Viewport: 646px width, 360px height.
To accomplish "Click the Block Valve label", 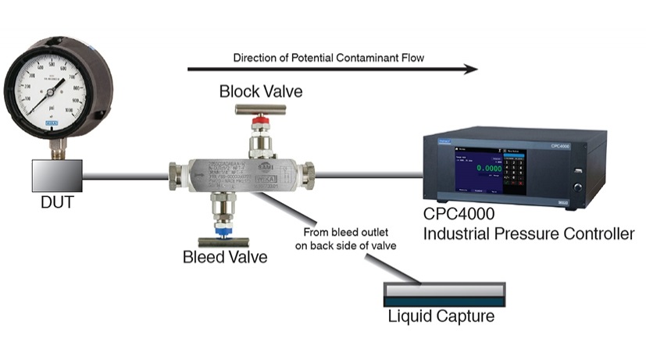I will tap(260, 92).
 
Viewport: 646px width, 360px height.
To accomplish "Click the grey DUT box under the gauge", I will tap(58, 174).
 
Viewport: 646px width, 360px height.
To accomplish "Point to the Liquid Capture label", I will tap(443, 317).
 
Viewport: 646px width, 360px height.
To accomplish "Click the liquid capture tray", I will tap(443, 294).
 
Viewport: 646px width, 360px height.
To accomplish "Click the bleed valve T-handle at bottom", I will tap(223, 241).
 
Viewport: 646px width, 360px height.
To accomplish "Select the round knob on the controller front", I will tap(579, 186).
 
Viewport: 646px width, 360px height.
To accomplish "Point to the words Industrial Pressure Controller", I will tap(528, 233).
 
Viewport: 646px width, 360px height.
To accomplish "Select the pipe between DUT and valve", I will tap(125, 175).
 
